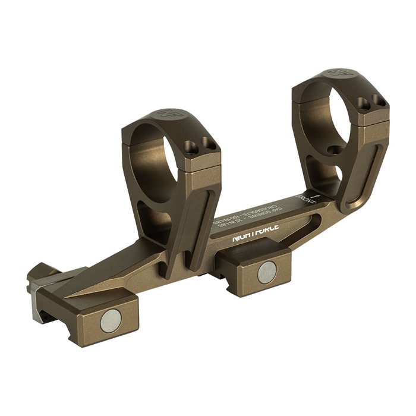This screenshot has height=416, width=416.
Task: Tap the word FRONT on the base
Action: tap(307, 205)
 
